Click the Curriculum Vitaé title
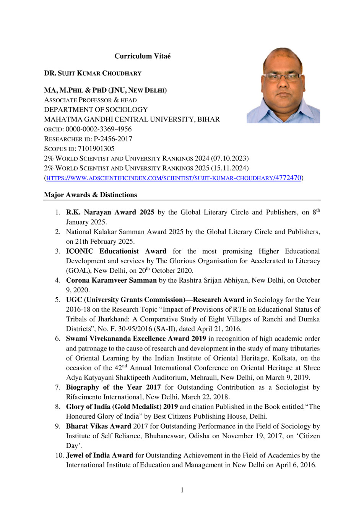tap(143, 56)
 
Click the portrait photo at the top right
tap(283, 85)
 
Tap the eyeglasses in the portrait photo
tap(283, 77)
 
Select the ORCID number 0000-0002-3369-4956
tap(99, 129)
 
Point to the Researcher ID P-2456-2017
tap(113, 139)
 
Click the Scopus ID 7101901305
tap(96, 149)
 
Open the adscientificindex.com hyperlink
tap(174, 178)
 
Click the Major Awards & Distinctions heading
tap(90, 195)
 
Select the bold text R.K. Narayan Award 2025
tap(110, 212)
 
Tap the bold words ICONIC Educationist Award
tap(116, 251)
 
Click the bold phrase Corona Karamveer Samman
tap(111, 280)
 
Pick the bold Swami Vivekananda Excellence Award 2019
tap(136, 339)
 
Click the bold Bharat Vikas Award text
tap(99, 426)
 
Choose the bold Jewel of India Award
tap(99, 455)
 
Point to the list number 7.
tap(57, 387)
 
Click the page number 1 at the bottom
tap(182, 490)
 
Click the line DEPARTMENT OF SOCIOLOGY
tap(96, 110)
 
